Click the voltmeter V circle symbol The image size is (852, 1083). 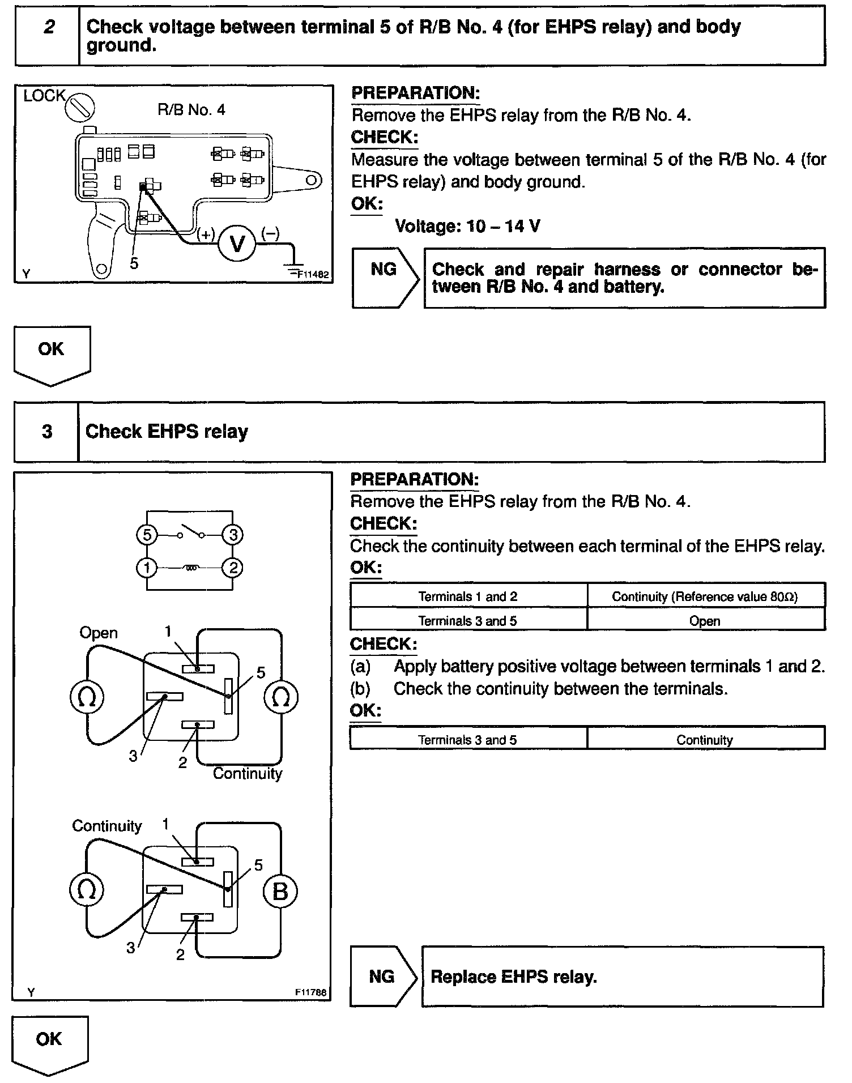(238, 244)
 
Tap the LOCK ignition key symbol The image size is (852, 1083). (80, 108)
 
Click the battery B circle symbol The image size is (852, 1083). (280, 891)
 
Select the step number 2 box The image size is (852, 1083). (48, 36)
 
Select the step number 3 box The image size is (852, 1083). (46, 432)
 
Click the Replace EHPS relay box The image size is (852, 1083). (622, 977)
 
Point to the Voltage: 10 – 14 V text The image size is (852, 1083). (467, 227)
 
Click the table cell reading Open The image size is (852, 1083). (705, 621)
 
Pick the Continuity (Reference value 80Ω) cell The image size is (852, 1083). (705, 596)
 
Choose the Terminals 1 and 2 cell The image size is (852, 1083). (468, 596)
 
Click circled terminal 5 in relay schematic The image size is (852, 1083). (147, 535)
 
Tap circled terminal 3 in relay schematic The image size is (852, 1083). (232, 535)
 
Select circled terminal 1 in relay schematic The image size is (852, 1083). (147, 568)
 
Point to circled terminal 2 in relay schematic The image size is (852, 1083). (232, 568)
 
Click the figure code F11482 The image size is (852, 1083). (313, 275)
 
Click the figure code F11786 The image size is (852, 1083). (310, 992)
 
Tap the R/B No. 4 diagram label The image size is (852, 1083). (191, 110)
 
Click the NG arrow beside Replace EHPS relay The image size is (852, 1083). (384, 977)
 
